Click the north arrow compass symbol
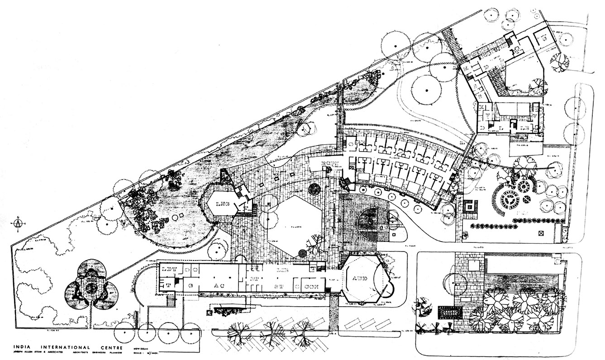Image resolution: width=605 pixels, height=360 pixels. [x=18, y=223]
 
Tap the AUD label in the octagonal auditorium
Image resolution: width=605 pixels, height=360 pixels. [x=361, y=278]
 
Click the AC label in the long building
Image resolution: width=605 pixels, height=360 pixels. [x=219, y=285]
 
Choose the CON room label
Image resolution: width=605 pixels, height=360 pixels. [x=312, y=286]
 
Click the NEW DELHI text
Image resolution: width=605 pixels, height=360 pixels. [x=142, y=348]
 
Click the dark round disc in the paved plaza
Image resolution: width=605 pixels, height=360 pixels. [x=314, y=189]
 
